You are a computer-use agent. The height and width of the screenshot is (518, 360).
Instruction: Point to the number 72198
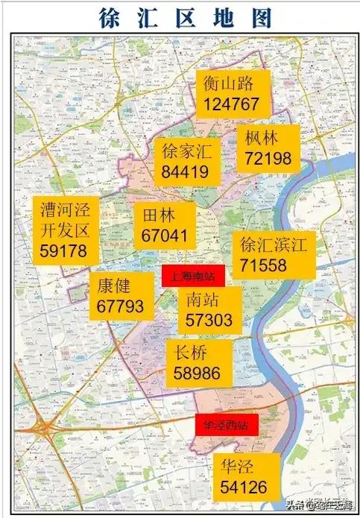click(x=268, y=157)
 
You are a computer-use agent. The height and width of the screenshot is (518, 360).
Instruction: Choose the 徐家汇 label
click(x=186, y=152)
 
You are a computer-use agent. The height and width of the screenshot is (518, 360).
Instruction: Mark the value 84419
click(x=185, y=172)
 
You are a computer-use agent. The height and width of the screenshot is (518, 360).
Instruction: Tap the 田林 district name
click(x=158, y=216)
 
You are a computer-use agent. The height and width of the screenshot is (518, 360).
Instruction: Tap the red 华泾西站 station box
click(x=226, y=425)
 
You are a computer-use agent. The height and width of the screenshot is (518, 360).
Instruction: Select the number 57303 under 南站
click(x=210, y=321)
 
